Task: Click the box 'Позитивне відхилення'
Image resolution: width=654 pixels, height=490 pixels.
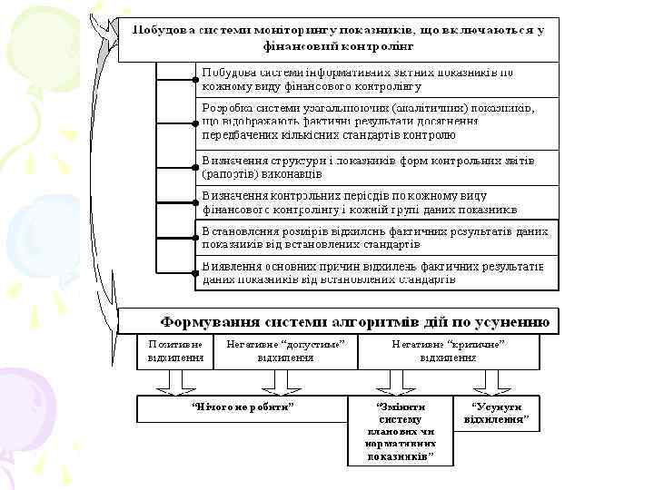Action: coord(175,351)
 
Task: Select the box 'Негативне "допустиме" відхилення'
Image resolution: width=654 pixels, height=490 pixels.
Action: coord(284,351)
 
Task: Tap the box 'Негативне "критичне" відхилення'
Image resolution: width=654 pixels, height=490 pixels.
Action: coord(448,351)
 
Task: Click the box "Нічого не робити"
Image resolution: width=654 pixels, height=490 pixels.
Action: coord(243,408)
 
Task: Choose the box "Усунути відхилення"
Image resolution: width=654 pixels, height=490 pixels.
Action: coord(496,414)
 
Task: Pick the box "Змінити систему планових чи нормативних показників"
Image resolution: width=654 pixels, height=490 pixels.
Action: coord(400,430)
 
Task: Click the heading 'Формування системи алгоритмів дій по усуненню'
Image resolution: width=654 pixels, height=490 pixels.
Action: coord(355,321)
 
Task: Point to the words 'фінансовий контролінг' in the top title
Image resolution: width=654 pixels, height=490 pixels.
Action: coord(338,45)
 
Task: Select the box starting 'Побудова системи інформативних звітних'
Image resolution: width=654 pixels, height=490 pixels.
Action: coord(378,79)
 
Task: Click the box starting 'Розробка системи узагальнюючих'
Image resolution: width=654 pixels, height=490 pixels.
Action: coord(378,122)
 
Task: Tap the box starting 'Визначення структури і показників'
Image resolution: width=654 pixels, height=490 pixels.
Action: coord(378,166)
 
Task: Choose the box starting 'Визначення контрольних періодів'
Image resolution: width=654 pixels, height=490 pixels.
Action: coord(378,202)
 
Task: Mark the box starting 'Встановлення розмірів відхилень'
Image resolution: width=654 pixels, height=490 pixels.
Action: coord(378,238)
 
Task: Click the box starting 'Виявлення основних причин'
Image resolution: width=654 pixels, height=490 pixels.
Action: coord(378,273)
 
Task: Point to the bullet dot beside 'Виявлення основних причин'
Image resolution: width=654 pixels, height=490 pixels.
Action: coord(196,271)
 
